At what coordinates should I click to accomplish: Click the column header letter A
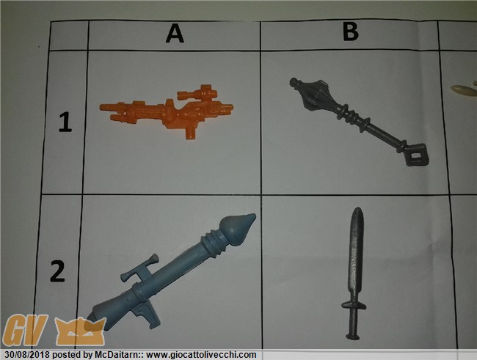175,33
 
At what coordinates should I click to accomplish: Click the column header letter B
351,32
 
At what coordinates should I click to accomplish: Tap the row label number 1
65,122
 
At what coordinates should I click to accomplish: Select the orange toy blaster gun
167,111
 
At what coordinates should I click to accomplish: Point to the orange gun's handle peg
191,132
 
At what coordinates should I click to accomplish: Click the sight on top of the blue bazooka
141,268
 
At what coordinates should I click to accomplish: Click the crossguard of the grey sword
354,305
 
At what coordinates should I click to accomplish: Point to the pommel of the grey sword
353,337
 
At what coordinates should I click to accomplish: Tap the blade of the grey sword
355,254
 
